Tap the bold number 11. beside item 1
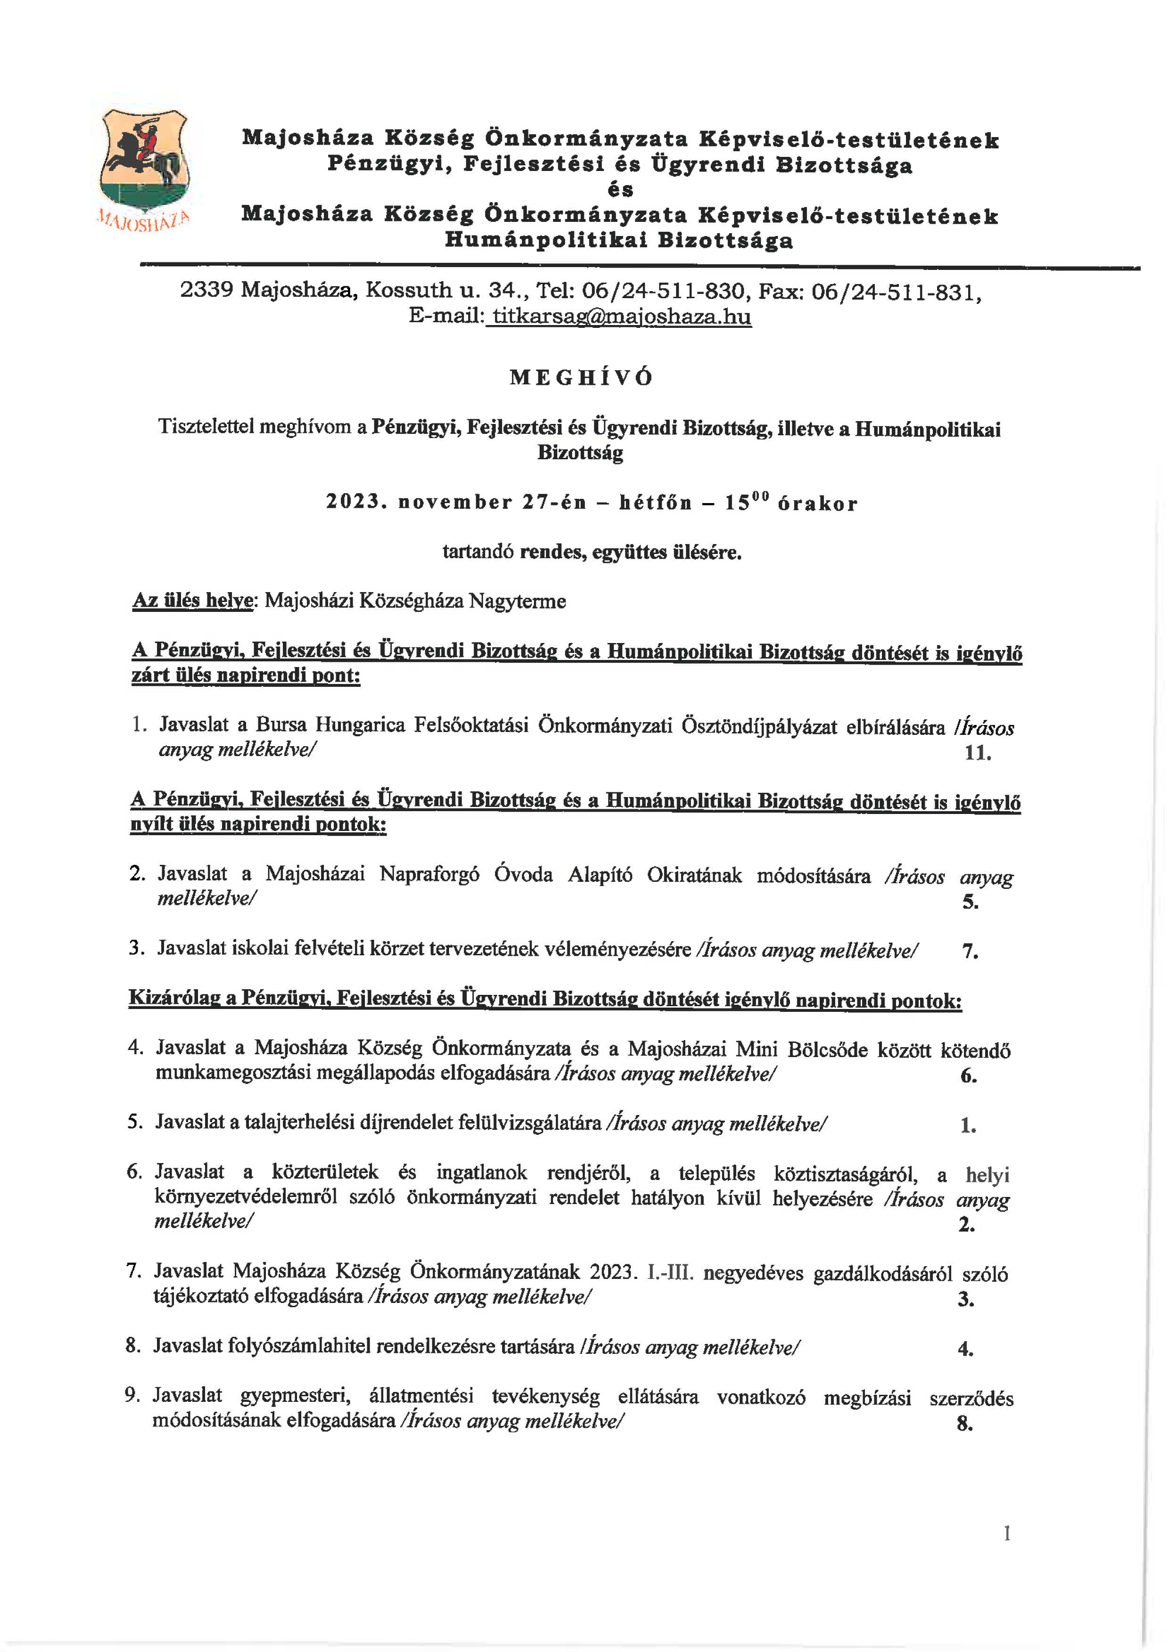tap(978, 753)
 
